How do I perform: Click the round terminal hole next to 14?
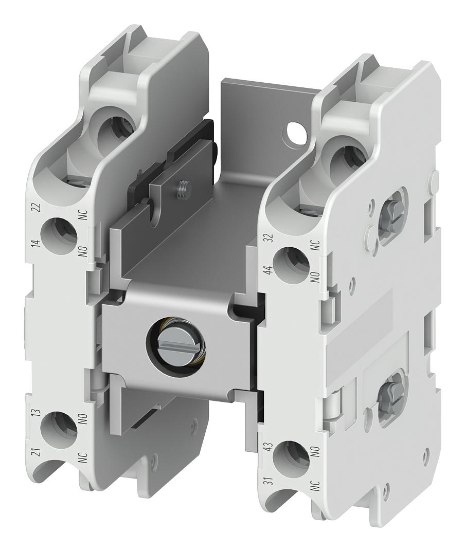[60, 235]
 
